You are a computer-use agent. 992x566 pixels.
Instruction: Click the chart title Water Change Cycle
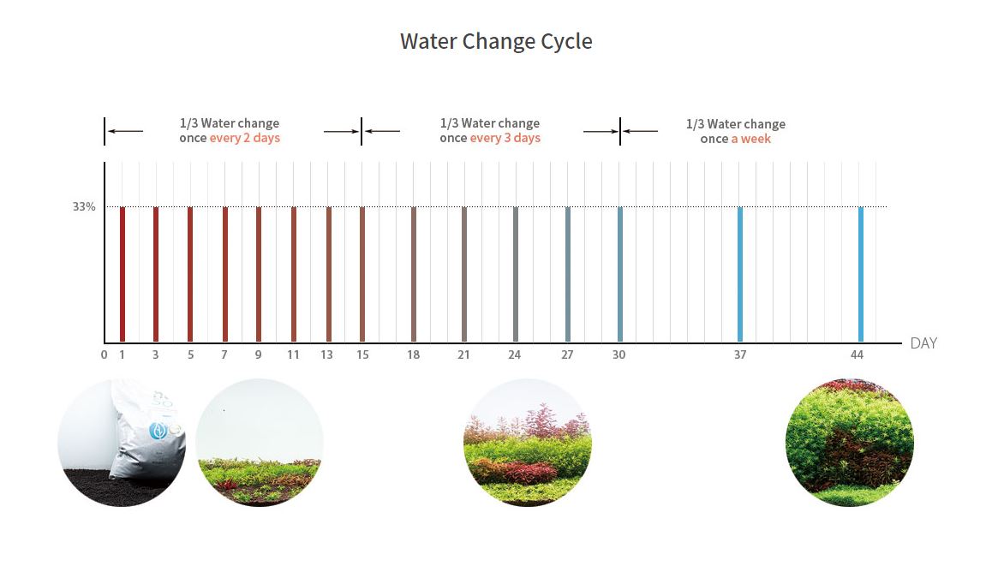496,41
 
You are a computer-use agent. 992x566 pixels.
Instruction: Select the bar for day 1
123,274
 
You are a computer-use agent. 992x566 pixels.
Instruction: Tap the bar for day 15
362,274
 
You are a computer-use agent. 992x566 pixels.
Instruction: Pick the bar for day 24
515,274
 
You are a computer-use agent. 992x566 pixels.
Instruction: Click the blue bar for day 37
740,274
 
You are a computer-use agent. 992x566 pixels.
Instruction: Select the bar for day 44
861,274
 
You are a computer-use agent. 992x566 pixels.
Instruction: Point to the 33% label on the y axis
84,207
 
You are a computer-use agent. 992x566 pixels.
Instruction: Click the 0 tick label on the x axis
104,355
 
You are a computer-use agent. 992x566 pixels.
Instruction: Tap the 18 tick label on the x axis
414,355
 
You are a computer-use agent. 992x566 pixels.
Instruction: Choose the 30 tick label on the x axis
619,355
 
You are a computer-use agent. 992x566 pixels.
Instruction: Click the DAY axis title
923,343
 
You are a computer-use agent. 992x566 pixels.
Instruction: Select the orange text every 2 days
244,138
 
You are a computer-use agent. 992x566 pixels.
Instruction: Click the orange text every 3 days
505,138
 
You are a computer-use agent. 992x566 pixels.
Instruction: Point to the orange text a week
750,139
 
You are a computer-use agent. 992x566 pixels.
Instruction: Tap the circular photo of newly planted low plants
260,443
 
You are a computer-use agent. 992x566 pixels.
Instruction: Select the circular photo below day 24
528,443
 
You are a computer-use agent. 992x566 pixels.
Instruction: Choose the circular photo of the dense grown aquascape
850,443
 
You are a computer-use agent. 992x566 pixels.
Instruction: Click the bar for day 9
259,274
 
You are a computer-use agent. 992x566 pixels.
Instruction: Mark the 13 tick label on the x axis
327,355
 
